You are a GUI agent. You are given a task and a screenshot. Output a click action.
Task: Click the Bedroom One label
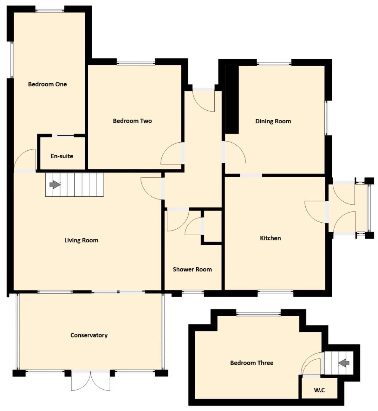[x=47, y=84]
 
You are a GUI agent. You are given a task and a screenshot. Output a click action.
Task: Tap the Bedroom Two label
[x=132, y=121]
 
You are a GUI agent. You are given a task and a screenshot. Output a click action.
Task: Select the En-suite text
[x=62, y=156]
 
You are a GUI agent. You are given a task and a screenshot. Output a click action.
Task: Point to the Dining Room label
[x=273, y=121]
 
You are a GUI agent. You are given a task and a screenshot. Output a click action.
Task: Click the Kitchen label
[x=270, y=238]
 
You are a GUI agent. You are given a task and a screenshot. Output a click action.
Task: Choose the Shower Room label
[x=192, y=269]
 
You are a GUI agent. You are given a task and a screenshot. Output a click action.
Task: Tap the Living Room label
[x=81, y=241]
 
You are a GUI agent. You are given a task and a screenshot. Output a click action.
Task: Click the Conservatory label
[x=89, y=335]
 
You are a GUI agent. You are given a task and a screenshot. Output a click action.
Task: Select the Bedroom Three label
[x=252, y=363]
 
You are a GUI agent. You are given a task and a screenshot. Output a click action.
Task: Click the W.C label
[x=319, y=390]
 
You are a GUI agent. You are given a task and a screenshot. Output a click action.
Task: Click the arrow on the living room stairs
[x=55, y=185]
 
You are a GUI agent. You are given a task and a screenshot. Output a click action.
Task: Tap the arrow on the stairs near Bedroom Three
[x=344, y=363]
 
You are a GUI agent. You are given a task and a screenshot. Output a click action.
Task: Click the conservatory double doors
[x=91, y=381]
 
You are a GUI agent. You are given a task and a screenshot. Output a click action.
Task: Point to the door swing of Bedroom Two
[x=172, y=153]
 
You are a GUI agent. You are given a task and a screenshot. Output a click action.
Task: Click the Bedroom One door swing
[x=25, y=159]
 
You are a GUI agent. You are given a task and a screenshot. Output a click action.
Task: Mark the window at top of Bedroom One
[x=50, y=11]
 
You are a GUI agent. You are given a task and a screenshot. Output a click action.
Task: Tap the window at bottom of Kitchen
[x=275, y=292]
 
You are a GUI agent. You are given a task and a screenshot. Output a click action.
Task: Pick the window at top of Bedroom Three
[x=259, y=314]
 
